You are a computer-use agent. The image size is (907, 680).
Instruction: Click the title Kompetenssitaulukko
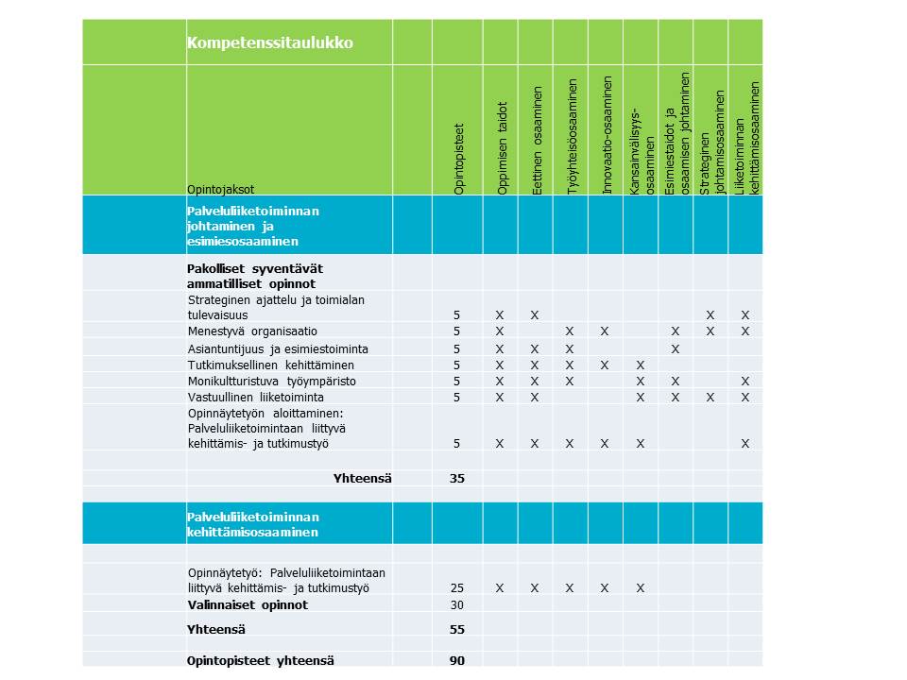tap(270, 43)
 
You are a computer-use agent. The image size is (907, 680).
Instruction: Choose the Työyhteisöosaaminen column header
tap(572, 138)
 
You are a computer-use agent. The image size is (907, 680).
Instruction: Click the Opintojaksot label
tap(220, 189)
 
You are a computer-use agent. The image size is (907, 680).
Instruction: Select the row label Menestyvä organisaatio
tap(252, 331)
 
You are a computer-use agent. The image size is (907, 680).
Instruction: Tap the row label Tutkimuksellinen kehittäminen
tap(271, 365)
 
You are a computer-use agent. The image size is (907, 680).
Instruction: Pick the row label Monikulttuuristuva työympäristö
tap(271, 382)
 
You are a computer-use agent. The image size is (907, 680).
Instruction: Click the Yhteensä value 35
tap(457, 479)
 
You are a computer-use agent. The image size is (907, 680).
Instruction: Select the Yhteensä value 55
tap(457, 629)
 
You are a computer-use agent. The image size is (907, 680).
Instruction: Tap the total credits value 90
tap(457, 661)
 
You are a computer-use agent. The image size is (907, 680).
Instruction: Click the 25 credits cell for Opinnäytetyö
tap(457, 588)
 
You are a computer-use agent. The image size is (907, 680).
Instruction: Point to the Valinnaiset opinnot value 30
tap(457, 605)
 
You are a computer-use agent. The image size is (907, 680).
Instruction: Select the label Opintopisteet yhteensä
tap(260, 661)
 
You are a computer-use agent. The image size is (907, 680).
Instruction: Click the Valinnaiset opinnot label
tap(248, 605)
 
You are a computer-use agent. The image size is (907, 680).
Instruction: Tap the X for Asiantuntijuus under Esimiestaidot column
tap(676, 349)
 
